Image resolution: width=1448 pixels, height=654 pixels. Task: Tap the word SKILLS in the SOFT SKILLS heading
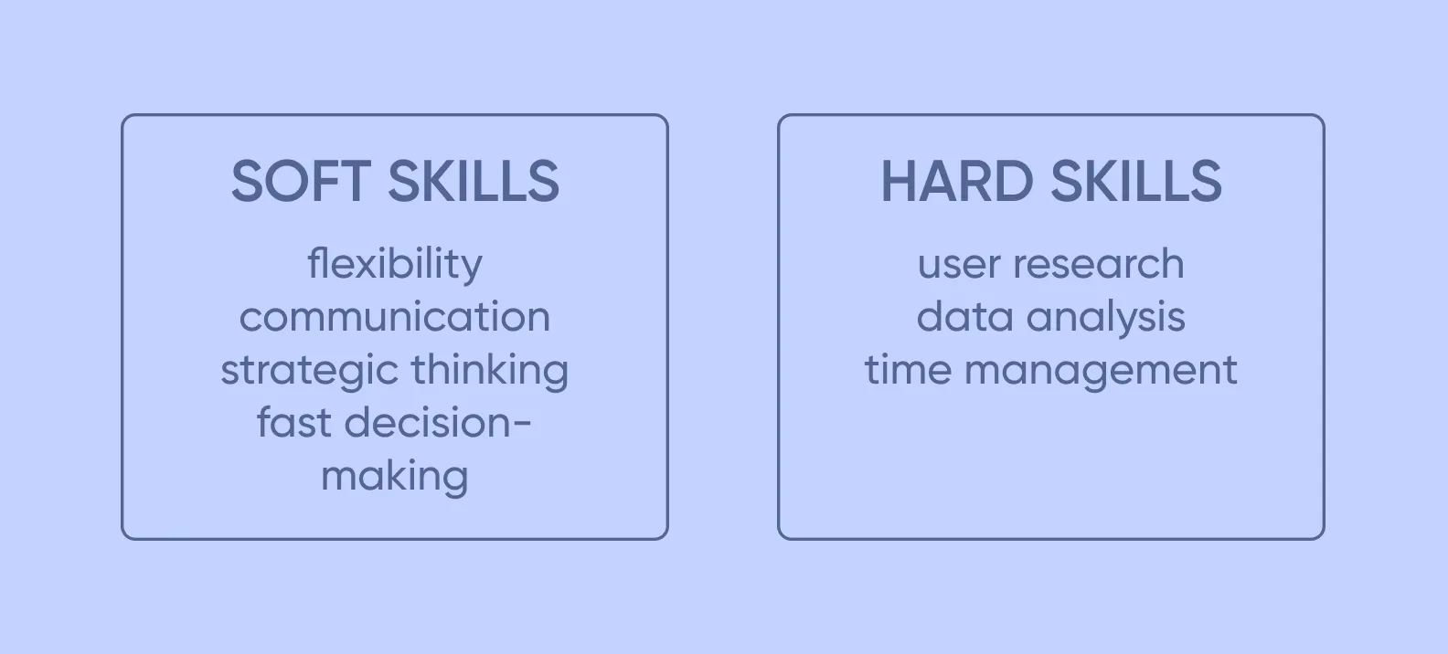point(474,181)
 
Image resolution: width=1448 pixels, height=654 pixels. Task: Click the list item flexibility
point(395,265)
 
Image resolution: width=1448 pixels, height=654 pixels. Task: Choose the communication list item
point(395,318)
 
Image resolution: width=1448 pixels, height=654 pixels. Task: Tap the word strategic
point(309,371)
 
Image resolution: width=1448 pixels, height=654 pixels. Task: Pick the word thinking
point(490,371)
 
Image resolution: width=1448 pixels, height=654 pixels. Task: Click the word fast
point(294,423)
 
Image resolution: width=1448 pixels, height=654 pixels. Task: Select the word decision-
point(438,423)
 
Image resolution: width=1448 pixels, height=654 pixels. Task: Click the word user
point(958,265)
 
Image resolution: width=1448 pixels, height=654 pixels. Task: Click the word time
point(907,371)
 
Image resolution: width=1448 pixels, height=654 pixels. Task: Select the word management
point(1101,371)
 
